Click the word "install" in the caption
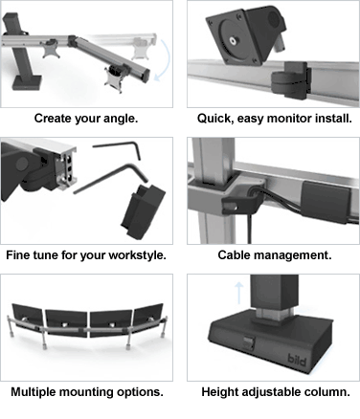coord(328,120)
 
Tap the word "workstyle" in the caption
coord(133,255)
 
